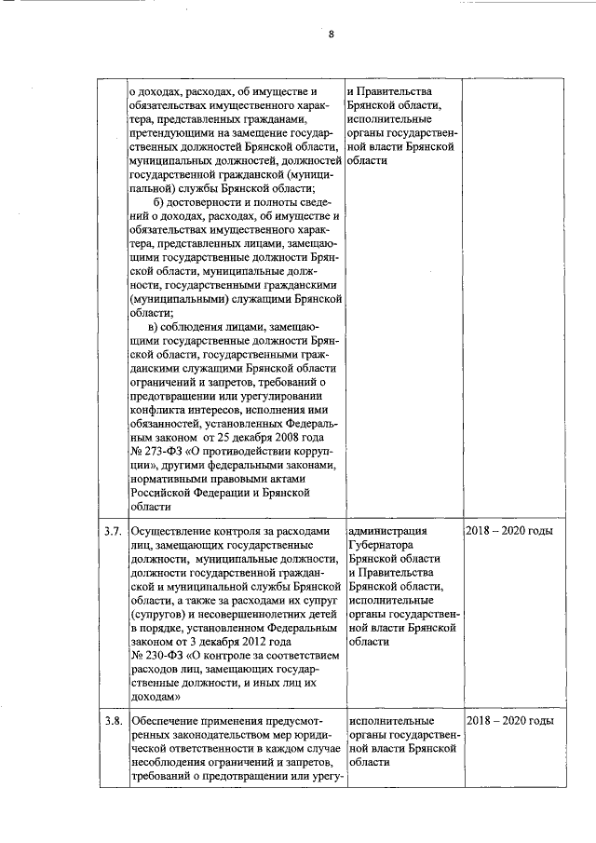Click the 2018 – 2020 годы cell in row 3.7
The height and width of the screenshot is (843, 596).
coord(509,531)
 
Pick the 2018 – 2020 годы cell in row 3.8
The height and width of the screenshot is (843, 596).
coord(509,722)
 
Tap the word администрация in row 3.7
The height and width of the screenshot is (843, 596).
coord(387,531)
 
